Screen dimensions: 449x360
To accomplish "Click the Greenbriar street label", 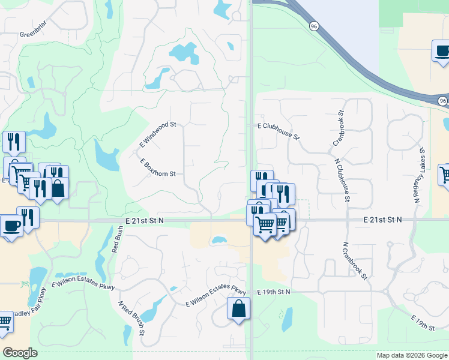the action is click(33, 34).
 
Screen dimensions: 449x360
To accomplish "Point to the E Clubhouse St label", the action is click(279, 131).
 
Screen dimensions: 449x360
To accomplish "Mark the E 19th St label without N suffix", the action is click(423, 322).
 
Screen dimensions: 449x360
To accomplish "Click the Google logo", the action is click(20, 353).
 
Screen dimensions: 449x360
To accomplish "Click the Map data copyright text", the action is click(412, 355).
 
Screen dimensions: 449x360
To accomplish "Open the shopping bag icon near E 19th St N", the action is click(238, 308).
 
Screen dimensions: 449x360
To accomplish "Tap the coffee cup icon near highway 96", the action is click(442, 52).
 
